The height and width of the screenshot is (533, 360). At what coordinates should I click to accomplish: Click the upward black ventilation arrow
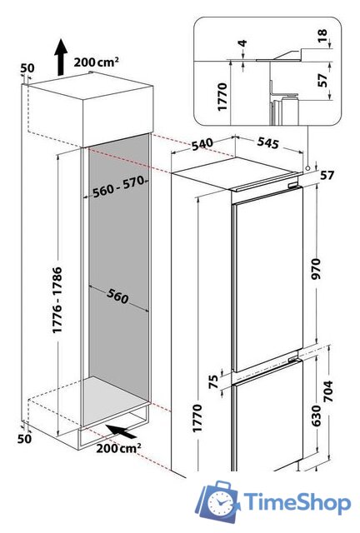pos(61,57)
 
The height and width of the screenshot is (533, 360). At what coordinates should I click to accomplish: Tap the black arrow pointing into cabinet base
pos(121,431)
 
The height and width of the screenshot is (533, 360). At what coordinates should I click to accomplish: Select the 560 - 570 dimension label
pos(118,187)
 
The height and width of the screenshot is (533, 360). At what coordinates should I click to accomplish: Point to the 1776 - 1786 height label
pos(57,300)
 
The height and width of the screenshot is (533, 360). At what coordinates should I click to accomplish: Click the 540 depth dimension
pos(202,144)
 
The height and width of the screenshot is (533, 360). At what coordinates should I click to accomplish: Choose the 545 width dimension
pos(267,142)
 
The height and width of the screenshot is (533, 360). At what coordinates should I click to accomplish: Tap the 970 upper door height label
pos(317,269)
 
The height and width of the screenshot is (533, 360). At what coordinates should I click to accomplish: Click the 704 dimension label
pos(327,391)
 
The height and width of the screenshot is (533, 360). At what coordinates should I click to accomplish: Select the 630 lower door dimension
pos(316,416)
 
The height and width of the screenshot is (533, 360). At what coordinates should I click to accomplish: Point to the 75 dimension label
pos(213,381)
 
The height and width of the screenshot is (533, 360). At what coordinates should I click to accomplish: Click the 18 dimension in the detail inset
pos(322,36)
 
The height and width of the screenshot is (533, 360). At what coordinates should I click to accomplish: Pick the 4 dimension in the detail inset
pos(242,43)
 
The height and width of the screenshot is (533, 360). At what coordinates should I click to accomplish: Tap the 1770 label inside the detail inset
pos(222,97)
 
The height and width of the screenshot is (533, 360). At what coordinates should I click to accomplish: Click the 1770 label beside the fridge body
pos(197,418)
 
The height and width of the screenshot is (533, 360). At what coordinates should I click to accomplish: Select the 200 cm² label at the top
pos(97,62)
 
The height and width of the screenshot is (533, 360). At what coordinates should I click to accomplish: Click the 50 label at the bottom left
pos(24,439)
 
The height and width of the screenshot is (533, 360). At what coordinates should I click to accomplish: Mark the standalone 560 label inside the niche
pos(117,296)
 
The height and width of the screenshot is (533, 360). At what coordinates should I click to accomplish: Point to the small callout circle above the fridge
pos(307,168)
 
